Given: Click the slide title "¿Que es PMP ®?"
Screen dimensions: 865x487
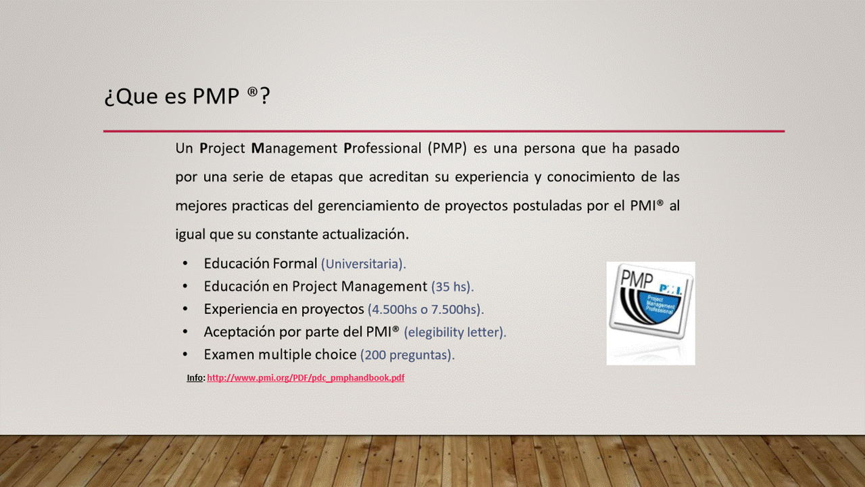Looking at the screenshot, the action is pyautogui.click(x=187, y=96).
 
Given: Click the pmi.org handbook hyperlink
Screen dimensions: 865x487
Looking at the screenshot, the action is pyautogui.click(x=306, y=377).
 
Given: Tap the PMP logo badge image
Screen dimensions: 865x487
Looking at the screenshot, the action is pyautogui.click(x=651, y=313).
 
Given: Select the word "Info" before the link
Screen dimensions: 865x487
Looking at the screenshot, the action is pyautogui.click(x=195, y=377).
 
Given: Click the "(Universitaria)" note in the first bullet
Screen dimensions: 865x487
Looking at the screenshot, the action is pyautogui.click(x=364, y=264).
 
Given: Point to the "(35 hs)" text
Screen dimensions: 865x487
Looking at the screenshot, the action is pyautogui.click(x=452, y=287).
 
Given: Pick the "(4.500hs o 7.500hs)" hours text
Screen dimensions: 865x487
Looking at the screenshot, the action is pyautogui.click(x=426, y=310).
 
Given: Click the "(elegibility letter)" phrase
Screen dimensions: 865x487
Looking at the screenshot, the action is pyautogui.click(x=455, y=332).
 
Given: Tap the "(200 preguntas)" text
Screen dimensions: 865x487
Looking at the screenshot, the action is pyautogui.click(x=407, y=355).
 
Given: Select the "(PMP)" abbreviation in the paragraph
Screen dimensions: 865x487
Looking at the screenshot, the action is pyautogui.click(x=447, y=149).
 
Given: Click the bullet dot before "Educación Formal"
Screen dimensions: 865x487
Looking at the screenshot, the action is pyautogui.click(x=185, y=264).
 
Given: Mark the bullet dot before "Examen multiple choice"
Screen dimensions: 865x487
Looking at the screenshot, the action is pyautogui.click(x=185, y=355).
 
